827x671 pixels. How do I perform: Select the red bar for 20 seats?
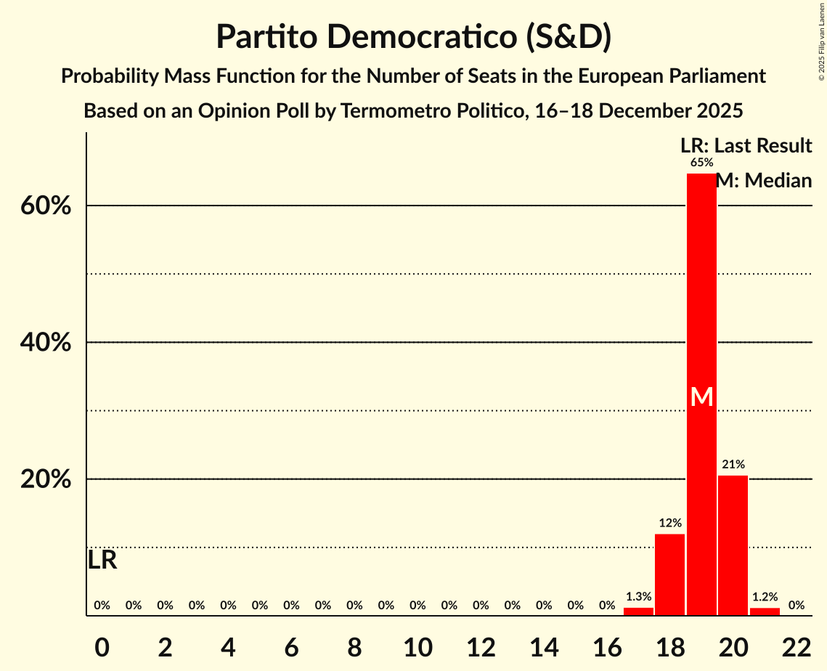(733, 545)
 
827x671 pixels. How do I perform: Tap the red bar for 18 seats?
(669, 574)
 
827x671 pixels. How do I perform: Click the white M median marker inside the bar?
(701, 396)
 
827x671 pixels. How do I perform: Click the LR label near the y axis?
(102, 560)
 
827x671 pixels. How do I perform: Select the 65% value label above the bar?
(701, 163)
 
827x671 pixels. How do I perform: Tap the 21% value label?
(733, 464)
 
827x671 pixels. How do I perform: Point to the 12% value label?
(669, 523)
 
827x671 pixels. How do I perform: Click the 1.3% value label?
(638, 597)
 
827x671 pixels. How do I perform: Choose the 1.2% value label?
(765, 597)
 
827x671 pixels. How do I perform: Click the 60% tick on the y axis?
(45, 206)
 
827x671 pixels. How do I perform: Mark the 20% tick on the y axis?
(45, 480)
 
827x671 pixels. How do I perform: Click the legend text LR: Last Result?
(746, 146)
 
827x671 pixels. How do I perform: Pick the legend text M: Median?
(764, 181)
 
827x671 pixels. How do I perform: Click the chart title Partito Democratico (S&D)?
(413, 37)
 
